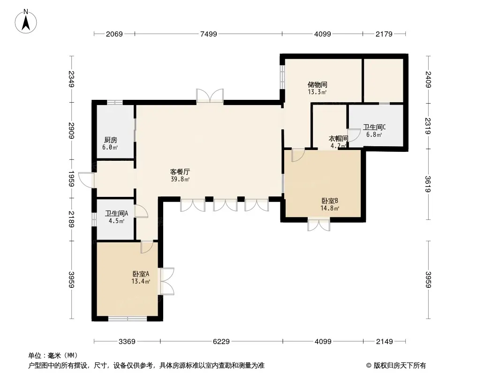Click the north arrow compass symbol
tap(26, 22)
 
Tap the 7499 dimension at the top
tap(209, 34)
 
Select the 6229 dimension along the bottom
tap(221, 342)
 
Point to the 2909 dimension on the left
tap(71, 131)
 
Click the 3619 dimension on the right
tap(428, 184)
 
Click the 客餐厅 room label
tap(180, 172)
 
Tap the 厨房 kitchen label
tap(110, 140)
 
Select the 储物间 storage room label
tap(317, 84)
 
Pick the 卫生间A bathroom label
tap(116, 213)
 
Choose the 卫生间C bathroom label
tap(374, 127)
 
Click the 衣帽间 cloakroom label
tap(338, 139)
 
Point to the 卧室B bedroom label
tap(330, 201)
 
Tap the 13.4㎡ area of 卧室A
tap(141, 281)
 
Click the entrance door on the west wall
tap(86, 180)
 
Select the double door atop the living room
tap(210, 96)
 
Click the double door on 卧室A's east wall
tap(167, 281)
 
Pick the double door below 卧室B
tap(318, 225)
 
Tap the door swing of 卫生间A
tap(141, 211)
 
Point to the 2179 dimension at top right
tap(384, 34)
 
